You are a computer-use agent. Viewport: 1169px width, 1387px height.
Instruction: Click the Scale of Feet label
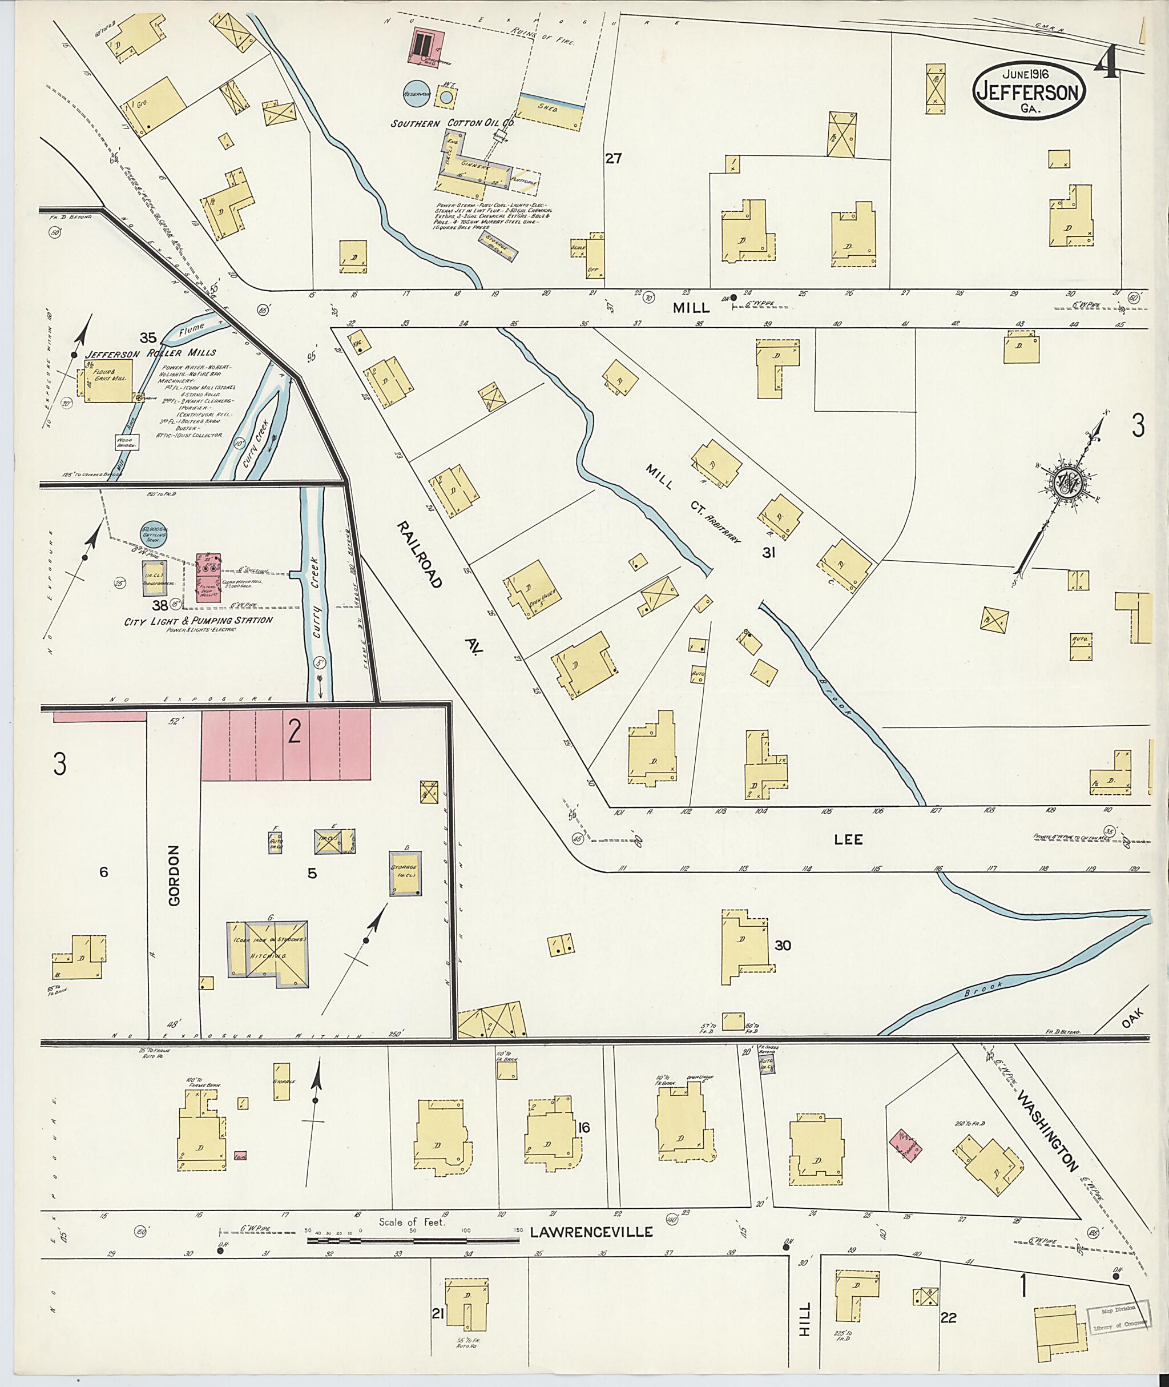click(x=412, y=1222)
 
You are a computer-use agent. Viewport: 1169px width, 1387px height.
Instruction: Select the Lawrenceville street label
click(x=591, y=1232)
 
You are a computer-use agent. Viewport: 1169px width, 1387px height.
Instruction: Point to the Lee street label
click(x=848, y=839)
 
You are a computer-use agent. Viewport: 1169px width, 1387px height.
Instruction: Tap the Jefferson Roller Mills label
click(x=151, y=353)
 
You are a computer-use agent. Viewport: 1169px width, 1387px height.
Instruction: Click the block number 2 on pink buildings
click(x=294, y=732)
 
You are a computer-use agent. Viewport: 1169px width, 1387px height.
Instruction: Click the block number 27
click(x=613, y=159)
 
